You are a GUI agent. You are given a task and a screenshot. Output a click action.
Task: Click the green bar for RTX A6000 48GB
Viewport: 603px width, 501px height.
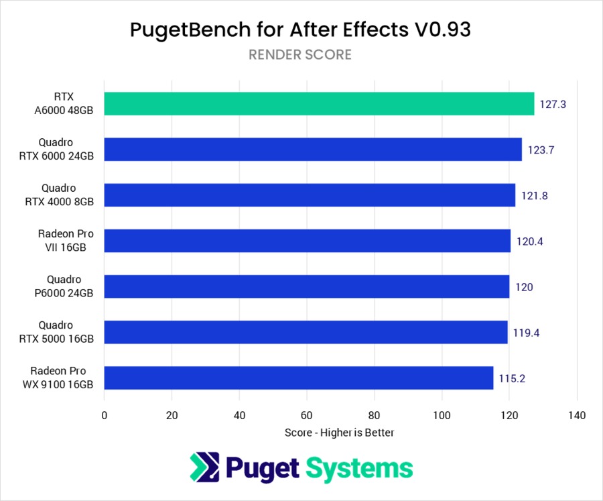[x=319, y=104]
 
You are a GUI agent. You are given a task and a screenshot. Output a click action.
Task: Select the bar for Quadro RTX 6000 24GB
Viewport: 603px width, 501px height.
[x=313, y=150]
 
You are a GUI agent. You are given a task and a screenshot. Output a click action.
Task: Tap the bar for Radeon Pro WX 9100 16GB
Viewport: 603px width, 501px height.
[x=299, y=378]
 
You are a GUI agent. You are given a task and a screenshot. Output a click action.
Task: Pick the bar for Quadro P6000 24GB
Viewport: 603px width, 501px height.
[x=307, y=286]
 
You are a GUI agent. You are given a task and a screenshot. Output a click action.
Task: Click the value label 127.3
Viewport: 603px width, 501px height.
[x=553, y=105]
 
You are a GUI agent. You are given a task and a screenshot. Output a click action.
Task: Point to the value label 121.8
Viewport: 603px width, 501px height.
[x=534, y=196]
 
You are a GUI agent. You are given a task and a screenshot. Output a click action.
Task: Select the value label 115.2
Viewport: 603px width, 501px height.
[x=511, y=378]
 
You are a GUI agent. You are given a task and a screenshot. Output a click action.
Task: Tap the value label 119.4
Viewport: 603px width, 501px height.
[x=526, y=333]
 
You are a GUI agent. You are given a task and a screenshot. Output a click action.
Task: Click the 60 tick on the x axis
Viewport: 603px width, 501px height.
[x=307, y=415]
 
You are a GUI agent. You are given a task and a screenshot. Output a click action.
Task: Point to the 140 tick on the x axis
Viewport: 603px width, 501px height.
[x=577, y=415]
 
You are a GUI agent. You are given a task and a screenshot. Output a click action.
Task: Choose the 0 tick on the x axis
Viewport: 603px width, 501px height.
[x=105, y=415]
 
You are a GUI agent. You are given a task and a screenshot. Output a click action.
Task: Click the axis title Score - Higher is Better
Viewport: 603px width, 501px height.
[x=340, y=433]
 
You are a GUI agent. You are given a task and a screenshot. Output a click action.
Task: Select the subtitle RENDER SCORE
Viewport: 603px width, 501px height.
[x=300, y=55]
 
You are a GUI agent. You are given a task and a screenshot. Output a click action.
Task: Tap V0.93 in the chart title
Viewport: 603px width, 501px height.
[x=448, y=30]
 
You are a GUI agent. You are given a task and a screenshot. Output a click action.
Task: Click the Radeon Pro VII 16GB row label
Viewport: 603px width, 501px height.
[x=66, y=241]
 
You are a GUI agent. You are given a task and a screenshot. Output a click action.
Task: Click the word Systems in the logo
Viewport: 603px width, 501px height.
[x=360, y=467]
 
